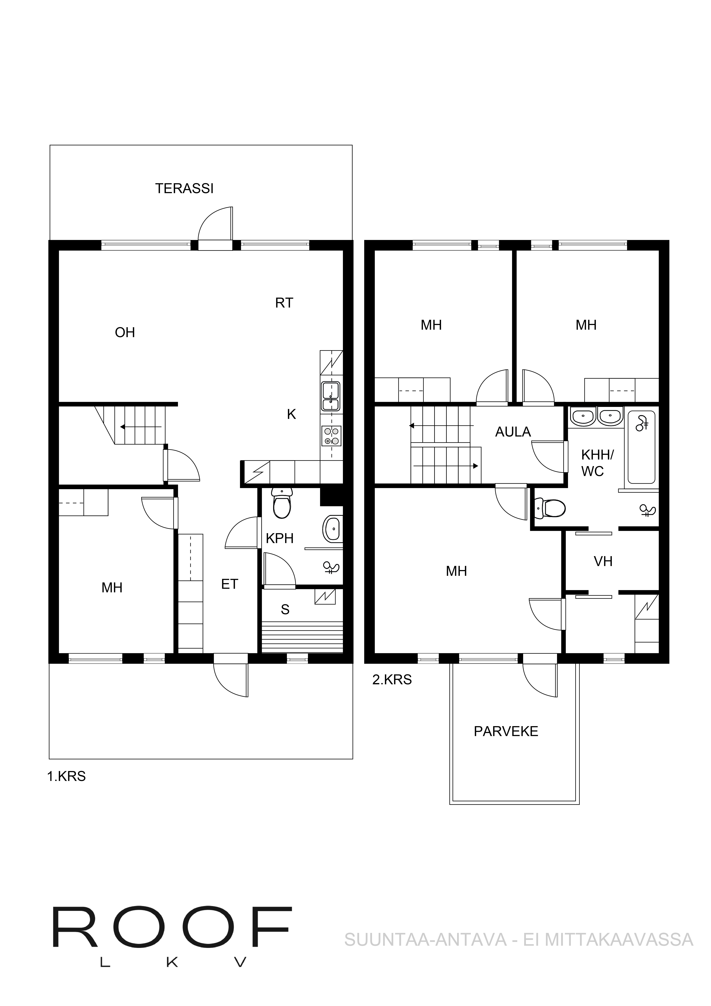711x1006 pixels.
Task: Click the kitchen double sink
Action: [x=331, y=396]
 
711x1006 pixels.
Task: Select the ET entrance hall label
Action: [x=230, y=584]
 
